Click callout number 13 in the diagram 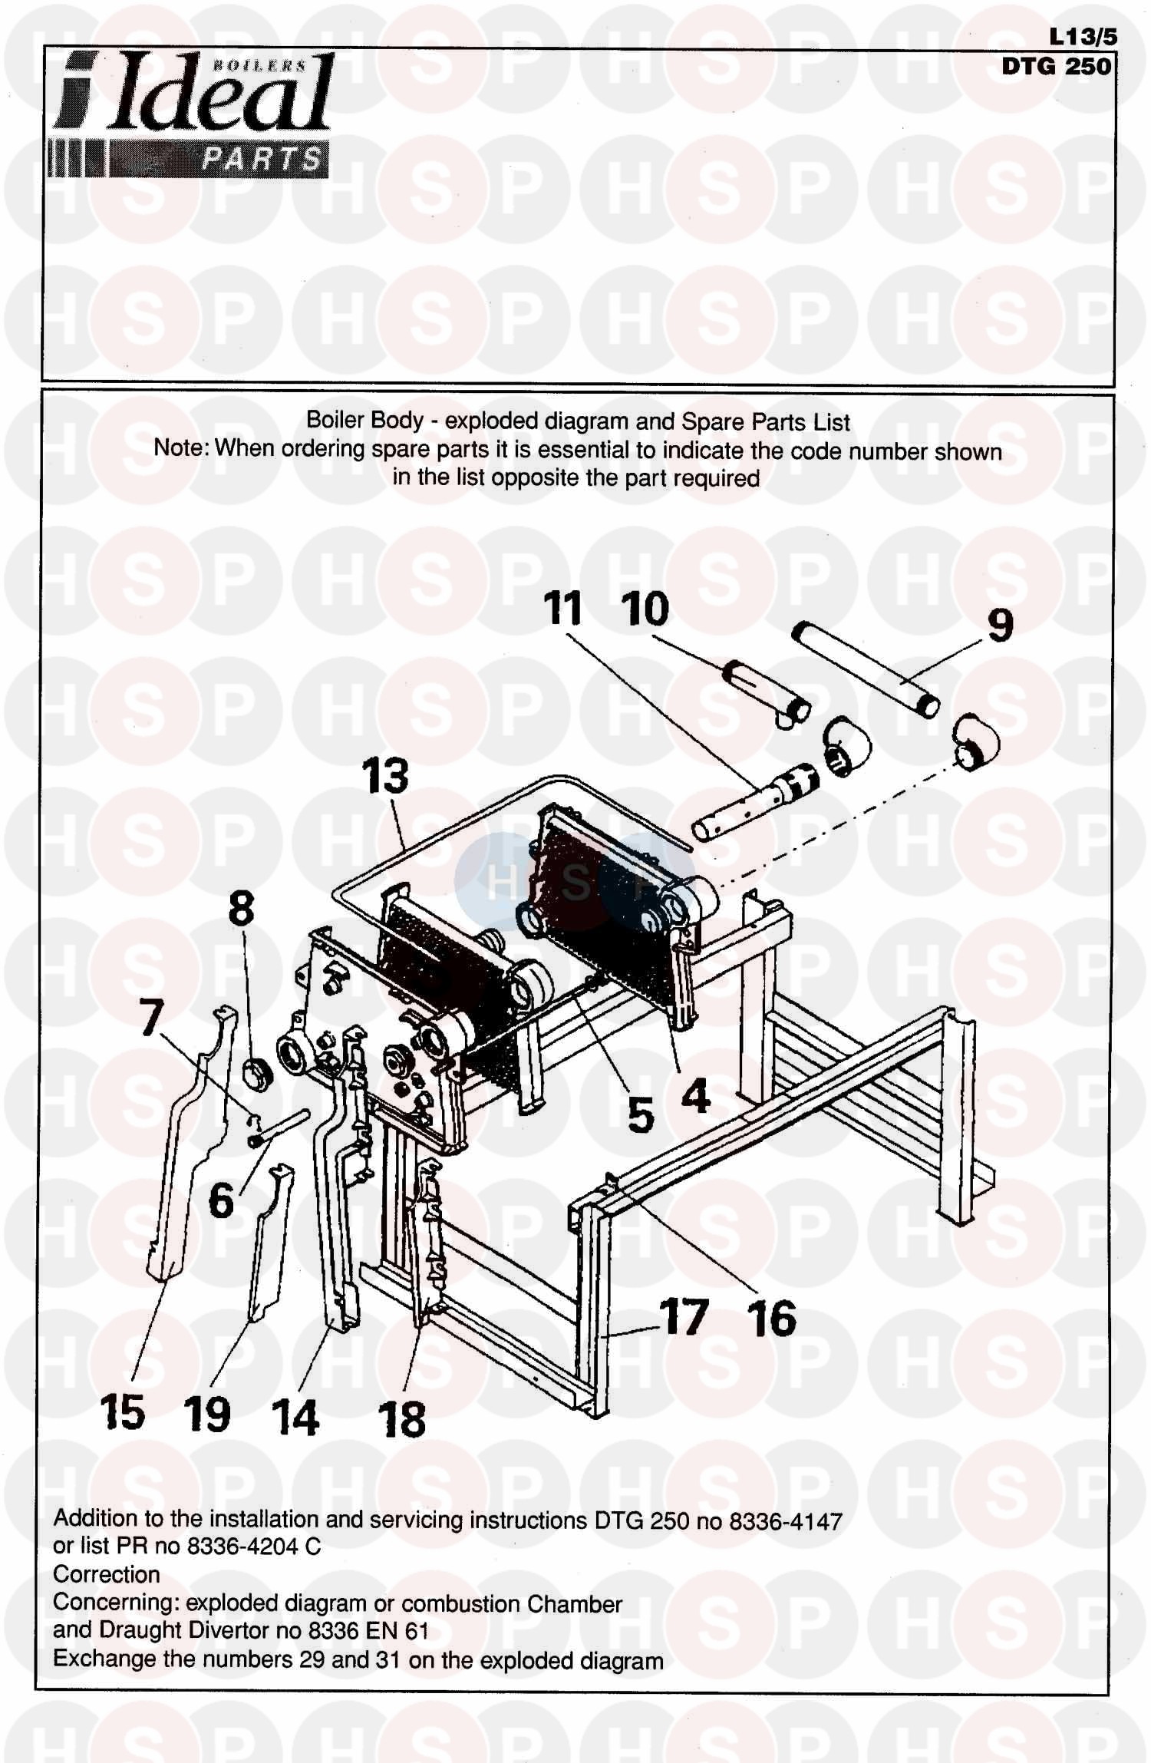point(385,776)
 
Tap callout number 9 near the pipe point(1000,626)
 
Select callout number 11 point(562,609)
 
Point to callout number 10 point(645,609)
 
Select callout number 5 point(640,1114)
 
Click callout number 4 point(695,1096)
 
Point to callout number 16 point(772,1318)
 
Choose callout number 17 point(683,1316)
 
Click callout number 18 point(402,1418)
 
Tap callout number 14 point(295,1416)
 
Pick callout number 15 point(123,1411)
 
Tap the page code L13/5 point(1083,37)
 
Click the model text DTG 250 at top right point(1057,67)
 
